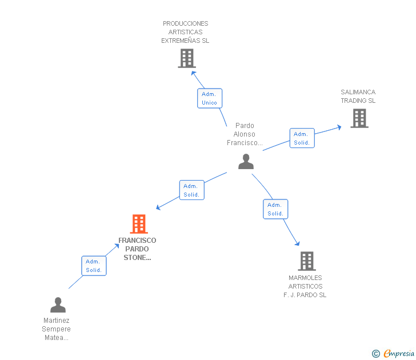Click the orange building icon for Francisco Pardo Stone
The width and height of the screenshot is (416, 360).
click(x=139, y=224)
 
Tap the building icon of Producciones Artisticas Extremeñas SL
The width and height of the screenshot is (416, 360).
click(x=187, y=58)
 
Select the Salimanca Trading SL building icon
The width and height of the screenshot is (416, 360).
click(x=359, y=118)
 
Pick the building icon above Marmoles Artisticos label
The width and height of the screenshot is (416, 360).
click(x=307, y=261)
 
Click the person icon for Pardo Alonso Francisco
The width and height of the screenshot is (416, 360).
click(x=246, y=162)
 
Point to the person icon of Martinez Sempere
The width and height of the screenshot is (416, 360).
click(x=58, y=305)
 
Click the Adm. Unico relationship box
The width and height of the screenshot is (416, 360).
click(x=210, y=98)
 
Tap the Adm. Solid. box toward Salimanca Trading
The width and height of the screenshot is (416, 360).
click(x=302, y=138)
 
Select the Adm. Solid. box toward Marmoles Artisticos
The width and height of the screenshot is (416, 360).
click(x=275, y=209)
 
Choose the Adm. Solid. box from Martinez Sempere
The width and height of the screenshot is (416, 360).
click(x=93, y=266)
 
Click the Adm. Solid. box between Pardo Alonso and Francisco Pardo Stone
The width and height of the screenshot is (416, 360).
click(x=191, y=190)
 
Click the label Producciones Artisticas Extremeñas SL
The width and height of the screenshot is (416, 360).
click(x=185, y=32)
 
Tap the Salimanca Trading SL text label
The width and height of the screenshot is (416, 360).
click(x=358, y=96)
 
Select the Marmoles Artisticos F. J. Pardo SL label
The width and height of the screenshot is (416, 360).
click(x=305, y=286)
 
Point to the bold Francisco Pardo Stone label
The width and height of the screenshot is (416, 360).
click(x=137, y=249)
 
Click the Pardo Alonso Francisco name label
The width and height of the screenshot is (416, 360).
click(x=245, y=134)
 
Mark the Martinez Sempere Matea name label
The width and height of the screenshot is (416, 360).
click(x=56, y=329)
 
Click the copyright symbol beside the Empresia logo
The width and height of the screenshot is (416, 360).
click(x=375, y=354)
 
